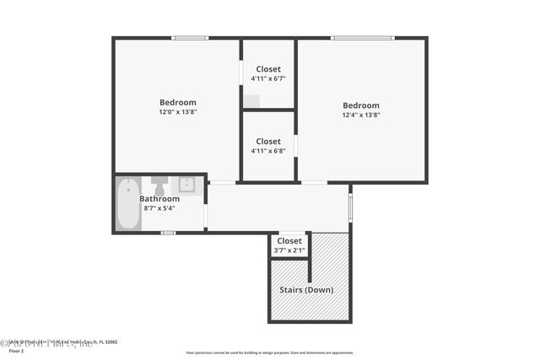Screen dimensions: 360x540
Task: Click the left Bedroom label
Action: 177,102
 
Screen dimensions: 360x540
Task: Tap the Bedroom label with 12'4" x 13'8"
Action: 360,105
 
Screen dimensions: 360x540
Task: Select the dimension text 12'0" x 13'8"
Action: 177,112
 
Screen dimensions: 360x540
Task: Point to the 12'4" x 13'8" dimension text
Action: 360,116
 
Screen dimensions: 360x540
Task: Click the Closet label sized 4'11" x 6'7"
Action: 268,68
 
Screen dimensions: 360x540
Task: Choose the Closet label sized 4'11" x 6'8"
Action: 268,141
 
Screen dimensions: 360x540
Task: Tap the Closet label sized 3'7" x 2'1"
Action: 289,240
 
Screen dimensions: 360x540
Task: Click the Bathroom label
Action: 159,199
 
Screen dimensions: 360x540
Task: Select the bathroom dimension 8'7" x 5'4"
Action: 159,209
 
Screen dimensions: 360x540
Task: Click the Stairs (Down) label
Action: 306,290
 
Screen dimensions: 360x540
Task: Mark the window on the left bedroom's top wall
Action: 190,37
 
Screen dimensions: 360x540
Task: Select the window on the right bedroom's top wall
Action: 361,37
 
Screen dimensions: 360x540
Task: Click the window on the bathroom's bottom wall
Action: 168,232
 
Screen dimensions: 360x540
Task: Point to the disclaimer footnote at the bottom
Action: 269,352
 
